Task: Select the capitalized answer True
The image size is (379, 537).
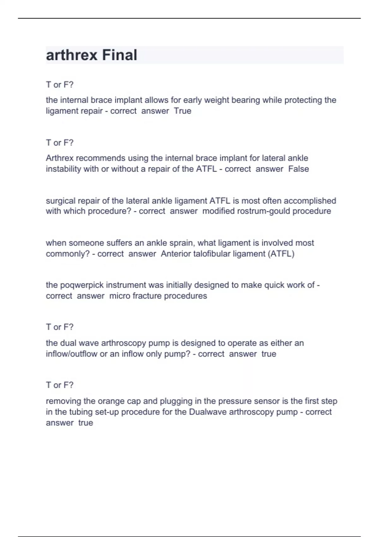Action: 183,111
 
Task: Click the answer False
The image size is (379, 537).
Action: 298,169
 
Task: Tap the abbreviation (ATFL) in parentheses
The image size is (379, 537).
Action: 281,254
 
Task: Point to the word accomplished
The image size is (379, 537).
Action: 310,201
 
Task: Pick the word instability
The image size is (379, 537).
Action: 63,169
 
